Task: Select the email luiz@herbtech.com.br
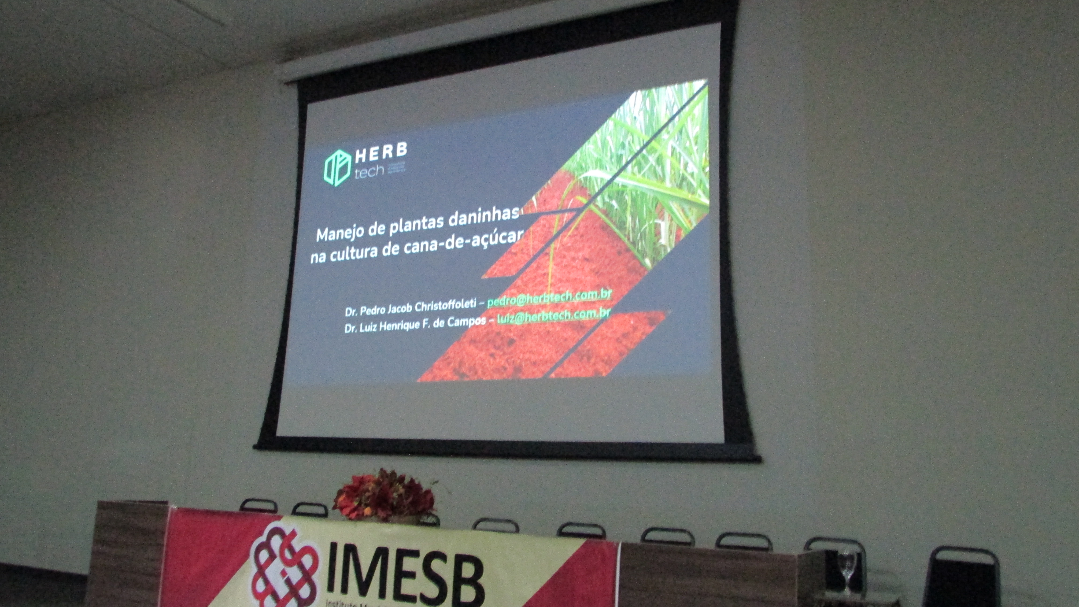click(553, 316)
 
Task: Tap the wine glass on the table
click(847, 570)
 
